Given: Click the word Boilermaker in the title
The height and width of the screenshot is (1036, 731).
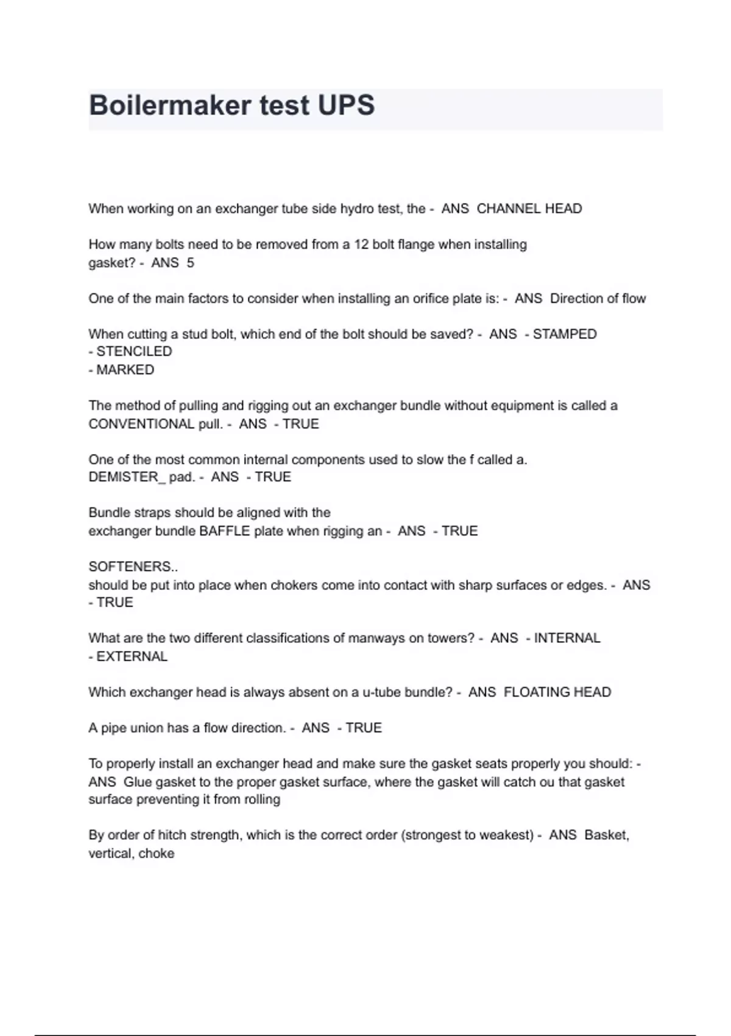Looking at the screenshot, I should (x=170, y=105).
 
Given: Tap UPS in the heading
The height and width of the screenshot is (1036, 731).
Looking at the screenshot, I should (x=345, y=105).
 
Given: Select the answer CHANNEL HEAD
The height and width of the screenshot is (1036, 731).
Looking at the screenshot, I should (x=529, y=208).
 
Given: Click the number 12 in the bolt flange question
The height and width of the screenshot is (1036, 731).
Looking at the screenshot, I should (x=361, y=244).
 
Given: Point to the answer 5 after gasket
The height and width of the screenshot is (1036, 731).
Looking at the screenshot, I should (x=190, y=263).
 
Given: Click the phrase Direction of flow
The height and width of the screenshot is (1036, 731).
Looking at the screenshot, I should (x=598, y=299).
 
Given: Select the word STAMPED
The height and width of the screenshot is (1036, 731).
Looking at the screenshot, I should (x=564, y=334).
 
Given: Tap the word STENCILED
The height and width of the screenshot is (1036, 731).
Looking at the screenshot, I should (x=134, y=352).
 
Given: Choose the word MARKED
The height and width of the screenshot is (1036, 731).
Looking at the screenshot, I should (x=125, y=370).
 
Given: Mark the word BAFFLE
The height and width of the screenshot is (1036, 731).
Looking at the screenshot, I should (x=225, y=531).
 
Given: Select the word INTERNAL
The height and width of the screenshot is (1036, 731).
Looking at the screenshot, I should (x=567, y=638).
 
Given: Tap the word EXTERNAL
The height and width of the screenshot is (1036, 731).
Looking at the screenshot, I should (x=132, y=656).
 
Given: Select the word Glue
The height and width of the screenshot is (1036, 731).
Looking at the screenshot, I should (x=138, y=782).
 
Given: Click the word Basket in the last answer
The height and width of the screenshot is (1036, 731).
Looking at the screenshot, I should (x=606, y=835).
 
